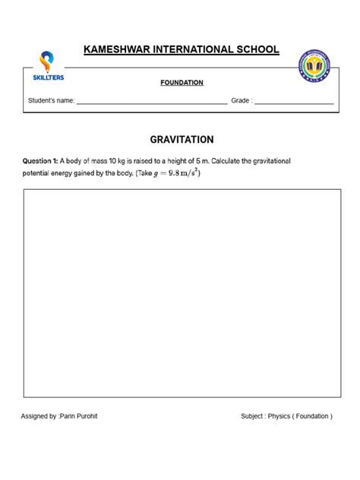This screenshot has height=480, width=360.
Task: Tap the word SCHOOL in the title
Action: [253, 50]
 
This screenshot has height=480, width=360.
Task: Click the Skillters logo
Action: [51, 67]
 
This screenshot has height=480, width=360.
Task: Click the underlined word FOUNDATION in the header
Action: [182, 83]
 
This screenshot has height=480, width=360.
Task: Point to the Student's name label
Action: [51, 100]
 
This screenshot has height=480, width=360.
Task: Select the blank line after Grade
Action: [294, 101]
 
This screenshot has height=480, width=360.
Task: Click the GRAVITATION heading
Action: [182, 140]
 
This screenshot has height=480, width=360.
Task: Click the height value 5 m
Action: [208, 161]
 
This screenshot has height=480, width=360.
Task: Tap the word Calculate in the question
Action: [235, 161]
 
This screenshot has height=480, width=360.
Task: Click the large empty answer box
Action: [182, 293]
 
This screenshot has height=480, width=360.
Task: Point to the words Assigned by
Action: [39, 416]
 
